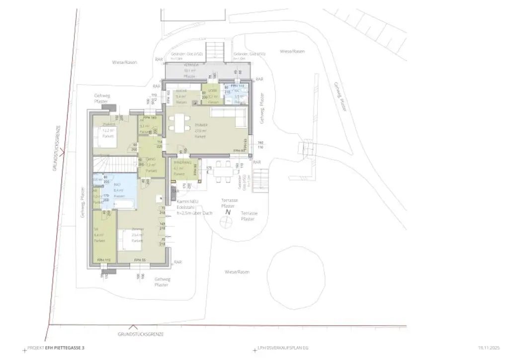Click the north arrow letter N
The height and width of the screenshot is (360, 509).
coord(228,212)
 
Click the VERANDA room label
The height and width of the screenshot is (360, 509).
coord(191,65)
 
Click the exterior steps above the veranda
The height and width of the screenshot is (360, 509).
coord(216,49)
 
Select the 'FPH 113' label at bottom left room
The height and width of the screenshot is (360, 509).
coord(103,260)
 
